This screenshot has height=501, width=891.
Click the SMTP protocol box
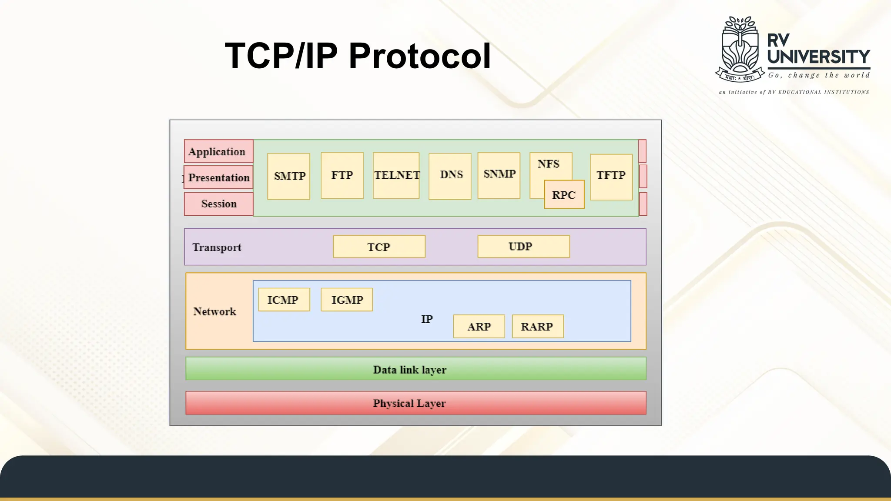(x=288, y=176)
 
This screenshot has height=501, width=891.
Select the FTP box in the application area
(x=342, y=175)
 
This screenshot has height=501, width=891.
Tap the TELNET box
(x=396, y=175)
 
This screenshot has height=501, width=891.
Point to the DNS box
(x=450, y=176)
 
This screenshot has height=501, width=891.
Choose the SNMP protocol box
(x=499, y=175)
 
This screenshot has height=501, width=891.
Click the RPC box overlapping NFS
(x=564, y=194)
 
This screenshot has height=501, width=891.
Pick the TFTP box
(x=611, y=177)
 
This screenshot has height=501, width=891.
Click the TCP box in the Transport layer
(x=379, y=247)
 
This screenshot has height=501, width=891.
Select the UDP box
(x=523, y=246)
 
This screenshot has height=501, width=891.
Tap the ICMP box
(x=284, y=300)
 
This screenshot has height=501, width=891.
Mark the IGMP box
(x=346, y=300)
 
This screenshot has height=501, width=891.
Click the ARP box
(x=479, y=326)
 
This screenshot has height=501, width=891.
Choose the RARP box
(x=537, y=326)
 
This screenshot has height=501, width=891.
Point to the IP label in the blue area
(x=427, y=319)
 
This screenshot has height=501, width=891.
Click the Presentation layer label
(x=218, y=177)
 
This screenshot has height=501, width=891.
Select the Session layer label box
(x=218, y=204)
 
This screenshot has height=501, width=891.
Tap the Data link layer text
(x=409, y=370)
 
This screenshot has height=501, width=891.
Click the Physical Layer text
(x=409, y=403)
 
